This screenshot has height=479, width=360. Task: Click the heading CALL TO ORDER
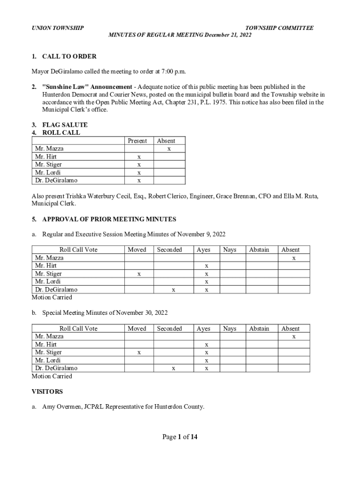pyautogui.click(x=69, y=57)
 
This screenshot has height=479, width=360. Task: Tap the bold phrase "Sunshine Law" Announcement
pyautogui.click(x=87, y=87)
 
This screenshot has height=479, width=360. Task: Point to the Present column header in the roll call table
pyautogui.click(x=137, y=141)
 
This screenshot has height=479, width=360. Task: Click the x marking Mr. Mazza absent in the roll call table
pyautogui.click(x=169, y=149)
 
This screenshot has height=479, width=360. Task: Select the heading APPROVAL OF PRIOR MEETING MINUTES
pyautogui.click(x=109, y=219)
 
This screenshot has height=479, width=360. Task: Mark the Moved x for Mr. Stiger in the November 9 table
pyautogui.click(x=139, y=274)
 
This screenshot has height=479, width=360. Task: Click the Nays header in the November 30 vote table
pyautogui.click(x=230, y=329)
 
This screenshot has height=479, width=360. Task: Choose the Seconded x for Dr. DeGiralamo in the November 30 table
pyautogui.click(x=173, y=369)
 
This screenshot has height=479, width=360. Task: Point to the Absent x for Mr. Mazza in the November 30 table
pyautogui.click(x=294, y=336)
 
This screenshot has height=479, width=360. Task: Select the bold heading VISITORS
pyautogui.click(x=47, y=391)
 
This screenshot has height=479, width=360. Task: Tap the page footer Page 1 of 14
pyautogui.click(x=180, y=437)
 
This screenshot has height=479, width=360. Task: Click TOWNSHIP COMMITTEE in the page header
pyautogui.click(x=279, y=28)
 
